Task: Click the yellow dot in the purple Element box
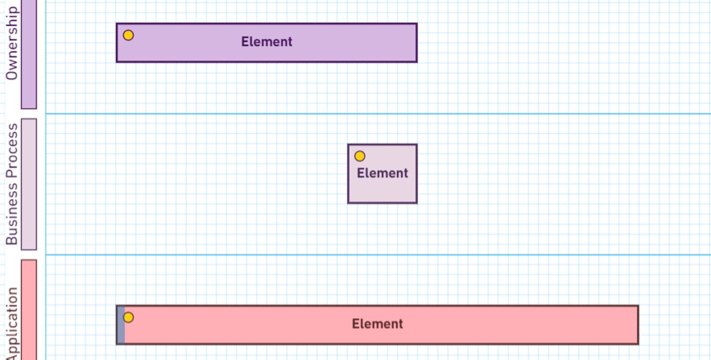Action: (x=128, y=35)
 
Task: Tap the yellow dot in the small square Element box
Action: (x=360, y=156)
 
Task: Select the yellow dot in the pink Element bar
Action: (x=128, y=317)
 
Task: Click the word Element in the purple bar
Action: (x=267, y=42)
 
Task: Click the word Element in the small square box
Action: (x=382, y=173)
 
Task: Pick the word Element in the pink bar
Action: (x=377, y=324)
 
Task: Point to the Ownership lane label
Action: (x=12, y=44)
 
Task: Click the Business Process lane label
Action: (x=12, y=184)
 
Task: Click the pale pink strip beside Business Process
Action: (x=29, y=184)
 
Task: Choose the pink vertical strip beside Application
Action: (x=29, y=311)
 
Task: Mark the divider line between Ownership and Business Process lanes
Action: (x=378, y=114)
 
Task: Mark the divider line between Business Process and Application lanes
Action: (x=378, y=255)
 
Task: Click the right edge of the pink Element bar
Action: (x=638, y=325)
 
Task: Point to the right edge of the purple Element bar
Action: (x=416, y=43)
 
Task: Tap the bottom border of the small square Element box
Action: (x=382, y=203)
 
